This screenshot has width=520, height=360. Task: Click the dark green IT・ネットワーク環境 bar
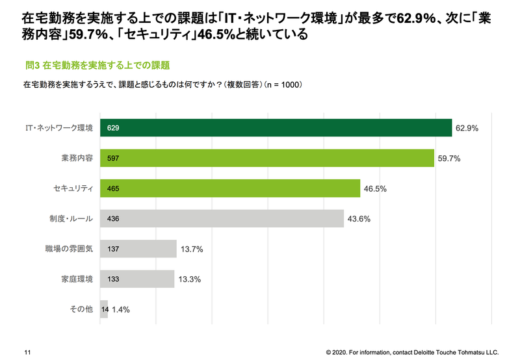pyautogui.click(x=276, y=128)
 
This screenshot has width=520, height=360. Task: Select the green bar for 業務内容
pyautogui.click(x=266, y=158)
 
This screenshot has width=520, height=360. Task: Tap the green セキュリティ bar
pyautogui.click(x=230, y=188)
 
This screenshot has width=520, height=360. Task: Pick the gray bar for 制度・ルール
pyautogui.click(x=222, y=218)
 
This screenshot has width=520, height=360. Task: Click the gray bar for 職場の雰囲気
pyautogui.click(x=138, y=249)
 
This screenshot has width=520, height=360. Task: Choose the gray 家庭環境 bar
pyautogui.click(x=137, y=279)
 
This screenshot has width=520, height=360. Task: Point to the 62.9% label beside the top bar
pyautogui.click(x=467, y=129)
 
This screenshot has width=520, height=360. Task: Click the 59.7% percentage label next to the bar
pyautogui.click(x=448, y=159)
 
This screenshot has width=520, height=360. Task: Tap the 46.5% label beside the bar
pyautogui.click(x=375, y=189)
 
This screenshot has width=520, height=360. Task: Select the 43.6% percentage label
pyautogui.click(x=358, y=219)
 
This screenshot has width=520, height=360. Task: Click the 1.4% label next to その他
pyautogui.click(x=121, y=310)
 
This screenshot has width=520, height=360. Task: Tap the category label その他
pyautogui.click(x=81, y=309)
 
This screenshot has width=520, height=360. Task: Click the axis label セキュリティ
pyautogui.click(x=73, y=188)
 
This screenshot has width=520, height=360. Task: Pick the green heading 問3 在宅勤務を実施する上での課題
pyautogui.click(x=97, y=65)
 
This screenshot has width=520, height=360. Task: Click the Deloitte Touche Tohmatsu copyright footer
pyautogui.click(x=412, y=351)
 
